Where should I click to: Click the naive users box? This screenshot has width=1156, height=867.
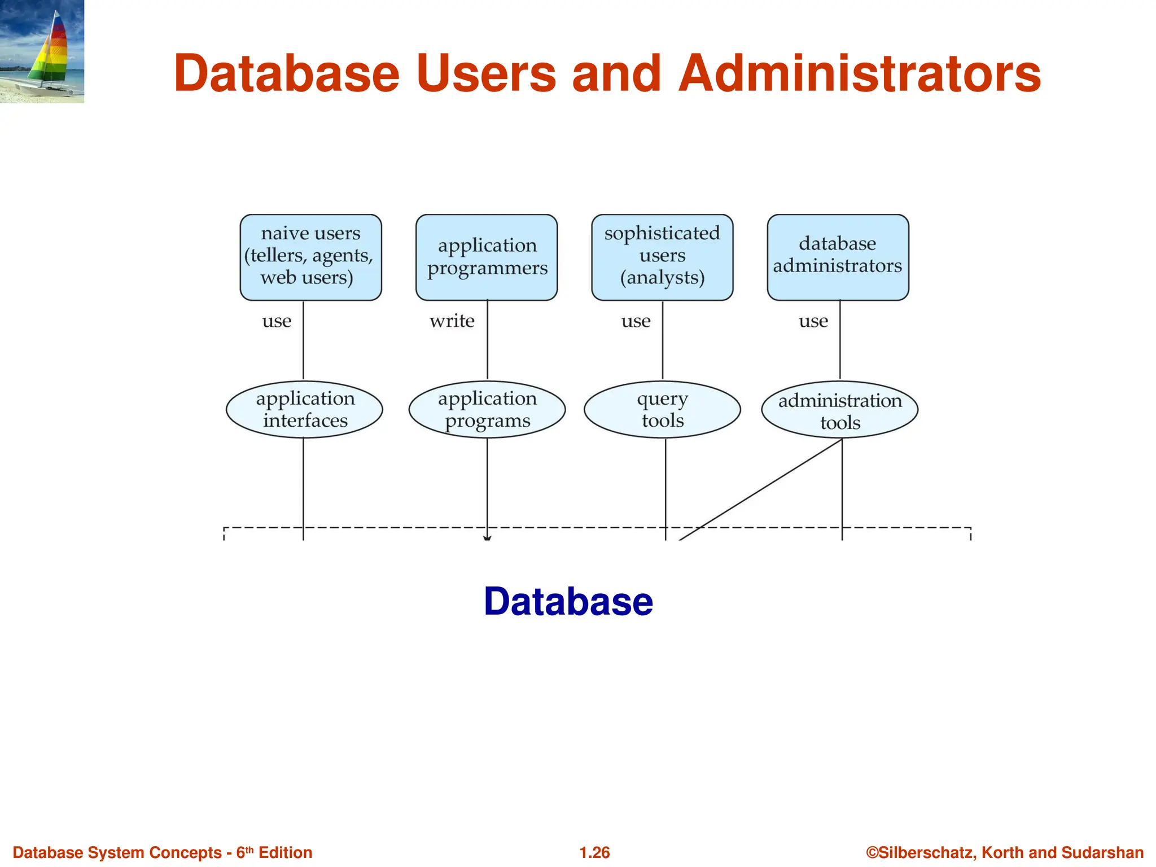tap(310, 257)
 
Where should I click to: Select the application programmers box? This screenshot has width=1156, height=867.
tap(487, 257)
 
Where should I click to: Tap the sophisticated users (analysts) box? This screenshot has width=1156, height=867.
tap(662, 257)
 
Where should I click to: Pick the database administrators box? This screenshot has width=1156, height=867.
tap(838, 257)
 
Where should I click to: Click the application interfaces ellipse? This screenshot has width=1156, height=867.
tap(304, 410)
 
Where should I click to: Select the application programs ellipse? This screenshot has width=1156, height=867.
tap(487, 410)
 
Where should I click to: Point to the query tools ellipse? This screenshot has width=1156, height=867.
tap(662, 410)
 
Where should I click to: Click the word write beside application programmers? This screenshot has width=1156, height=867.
tap(452, 321)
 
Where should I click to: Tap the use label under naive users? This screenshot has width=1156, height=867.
tap(277, 321)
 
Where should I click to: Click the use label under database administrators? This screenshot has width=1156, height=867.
tap(813, 321)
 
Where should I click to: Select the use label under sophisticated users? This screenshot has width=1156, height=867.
tap(636, 321)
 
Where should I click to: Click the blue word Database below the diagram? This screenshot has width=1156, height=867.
tap(568, 601)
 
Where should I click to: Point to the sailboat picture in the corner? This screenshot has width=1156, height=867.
tap(42, 51)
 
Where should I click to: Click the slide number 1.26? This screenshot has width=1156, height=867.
tap(594, 852)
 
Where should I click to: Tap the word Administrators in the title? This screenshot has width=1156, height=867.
tap(859, 73)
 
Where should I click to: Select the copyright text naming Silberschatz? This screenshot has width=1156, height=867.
tap(1005, 852)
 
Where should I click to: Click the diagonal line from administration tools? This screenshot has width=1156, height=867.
tap(762, 489)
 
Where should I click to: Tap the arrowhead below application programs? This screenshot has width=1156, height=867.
tap(487, 538)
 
